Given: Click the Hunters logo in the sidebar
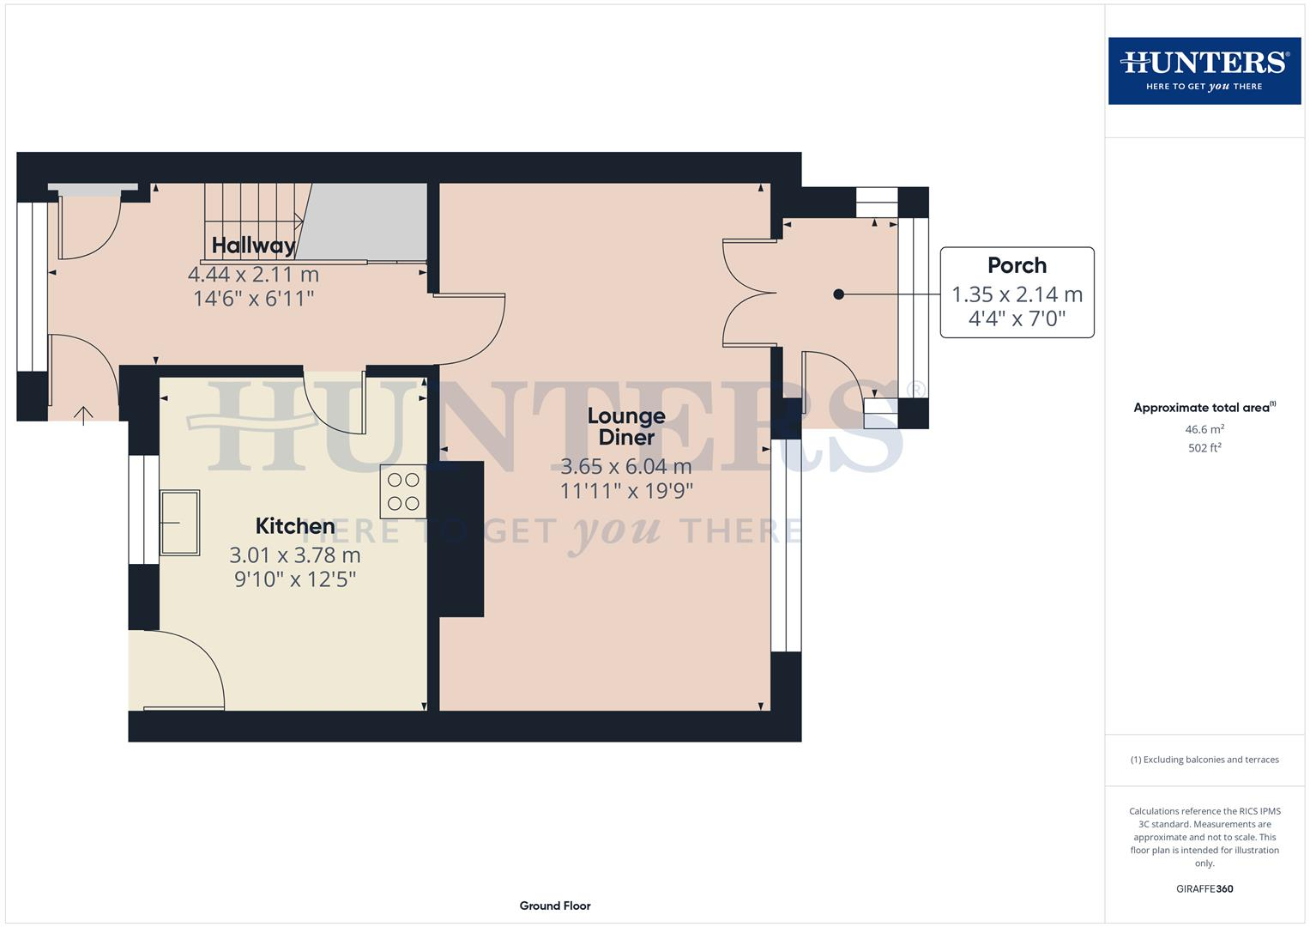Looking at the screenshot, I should [1204, 70].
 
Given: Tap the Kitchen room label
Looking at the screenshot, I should [295, 526].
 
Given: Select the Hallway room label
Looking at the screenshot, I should [253, 245].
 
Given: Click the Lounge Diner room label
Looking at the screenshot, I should [626, 427].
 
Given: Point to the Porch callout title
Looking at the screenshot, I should [1017, 265].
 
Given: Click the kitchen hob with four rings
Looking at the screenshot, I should [403, 492].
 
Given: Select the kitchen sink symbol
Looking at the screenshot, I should [179, 522].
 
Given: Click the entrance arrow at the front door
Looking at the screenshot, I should [83, 415].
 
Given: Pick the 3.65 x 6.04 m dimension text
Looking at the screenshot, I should [626, 467].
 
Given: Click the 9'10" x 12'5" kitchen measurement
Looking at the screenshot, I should [295, 579].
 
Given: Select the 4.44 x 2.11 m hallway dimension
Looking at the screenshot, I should [253, 275].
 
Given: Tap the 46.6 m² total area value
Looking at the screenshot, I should [1204, 429].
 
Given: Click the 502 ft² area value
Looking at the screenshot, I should [1204, 448].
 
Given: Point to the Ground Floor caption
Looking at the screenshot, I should [555, 906].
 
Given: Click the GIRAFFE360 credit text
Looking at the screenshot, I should [1204, 889].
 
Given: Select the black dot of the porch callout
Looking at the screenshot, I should [839, 294].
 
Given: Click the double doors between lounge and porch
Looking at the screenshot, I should [748, 294].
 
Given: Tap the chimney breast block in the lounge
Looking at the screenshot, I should [462, 539].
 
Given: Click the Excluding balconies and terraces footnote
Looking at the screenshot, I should [1204, 760].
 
